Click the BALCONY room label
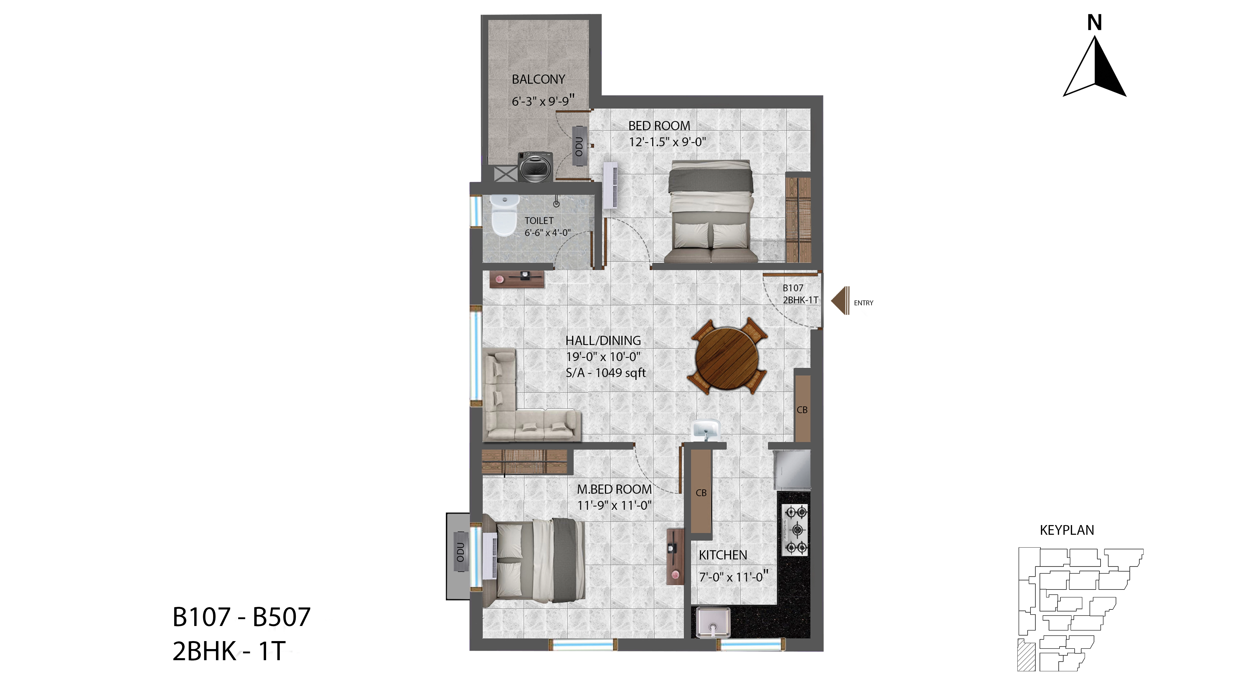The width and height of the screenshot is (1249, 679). pos(538,79)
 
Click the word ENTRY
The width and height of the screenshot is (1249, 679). pos(864,303)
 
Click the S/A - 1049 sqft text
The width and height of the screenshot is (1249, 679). pos(606,373)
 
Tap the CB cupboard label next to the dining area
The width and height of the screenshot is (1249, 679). pos(802,410)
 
